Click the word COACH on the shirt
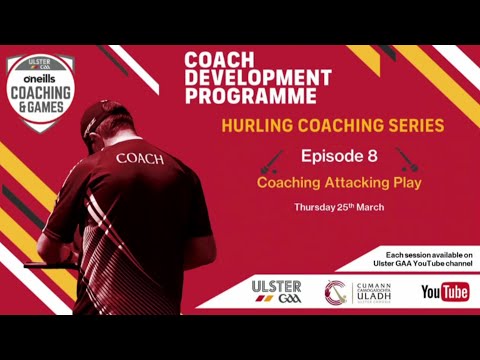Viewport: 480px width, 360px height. (140, 157)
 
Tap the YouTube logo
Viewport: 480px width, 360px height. (445, 292)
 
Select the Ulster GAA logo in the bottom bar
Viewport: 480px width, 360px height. (277, 292)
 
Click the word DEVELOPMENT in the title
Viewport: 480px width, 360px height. (257, 78)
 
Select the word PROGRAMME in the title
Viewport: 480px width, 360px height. (251, 96)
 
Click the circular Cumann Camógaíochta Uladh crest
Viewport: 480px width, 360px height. (337, 292)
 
